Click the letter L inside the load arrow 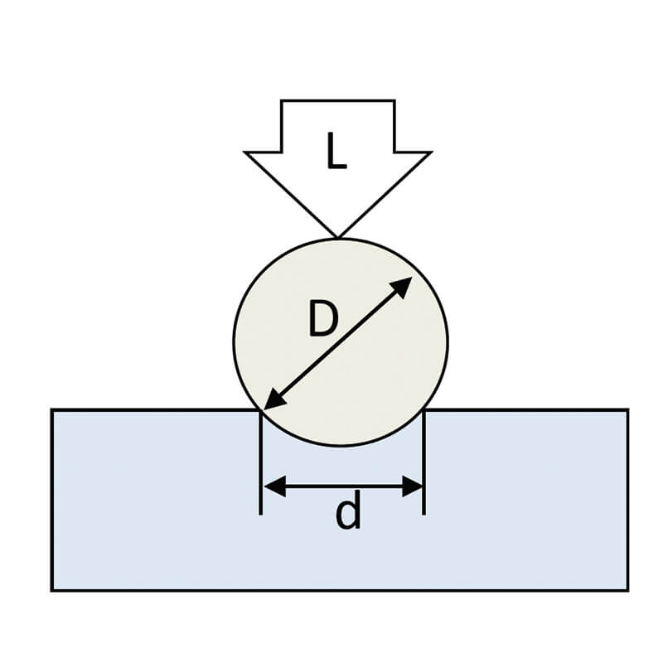[337, 151]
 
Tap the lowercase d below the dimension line [348, 511]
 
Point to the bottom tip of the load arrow [338, 237]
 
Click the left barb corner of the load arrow [245, 152]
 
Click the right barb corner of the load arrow [431, 152]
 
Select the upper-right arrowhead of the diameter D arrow [401, 288]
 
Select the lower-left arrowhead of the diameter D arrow [275, 399]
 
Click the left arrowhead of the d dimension [274, 486]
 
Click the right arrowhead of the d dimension [412, 486]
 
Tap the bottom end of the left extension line [260, 515]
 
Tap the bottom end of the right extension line [424, 515]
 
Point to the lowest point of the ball [341, 446]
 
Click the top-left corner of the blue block [52, 409]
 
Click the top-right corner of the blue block [628, 409]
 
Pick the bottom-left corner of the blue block [52, 590]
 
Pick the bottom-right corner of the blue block [628, 590]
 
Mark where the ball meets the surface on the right [424, 409]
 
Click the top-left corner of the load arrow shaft [281, 100]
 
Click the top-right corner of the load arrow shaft [394, 100]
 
